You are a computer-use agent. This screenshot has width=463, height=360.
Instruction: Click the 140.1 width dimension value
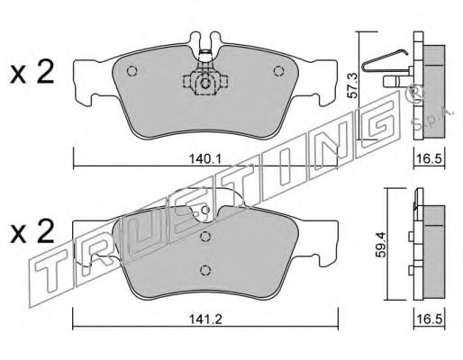(205, 158)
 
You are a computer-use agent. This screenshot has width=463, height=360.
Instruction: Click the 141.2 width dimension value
(205, 319)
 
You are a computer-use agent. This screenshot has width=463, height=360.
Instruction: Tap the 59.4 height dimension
(381, 245)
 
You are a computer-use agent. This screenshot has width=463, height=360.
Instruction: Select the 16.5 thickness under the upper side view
(429, 158)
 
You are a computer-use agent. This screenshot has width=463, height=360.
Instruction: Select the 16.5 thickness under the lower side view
(429, 319)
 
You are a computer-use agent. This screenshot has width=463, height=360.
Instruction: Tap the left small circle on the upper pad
(132, 71)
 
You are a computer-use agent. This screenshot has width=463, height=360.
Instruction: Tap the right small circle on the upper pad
(278, 71)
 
